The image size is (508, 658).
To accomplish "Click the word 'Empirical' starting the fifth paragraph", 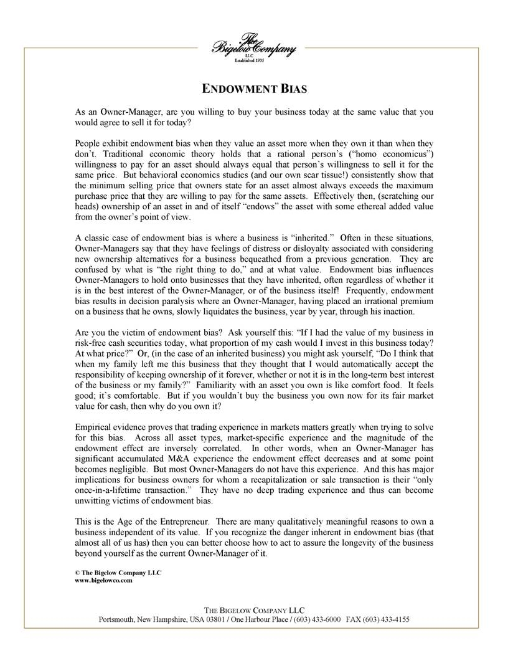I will tap(95, 421).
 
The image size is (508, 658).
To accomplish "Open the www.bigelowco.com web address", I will tap(103, 581).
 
